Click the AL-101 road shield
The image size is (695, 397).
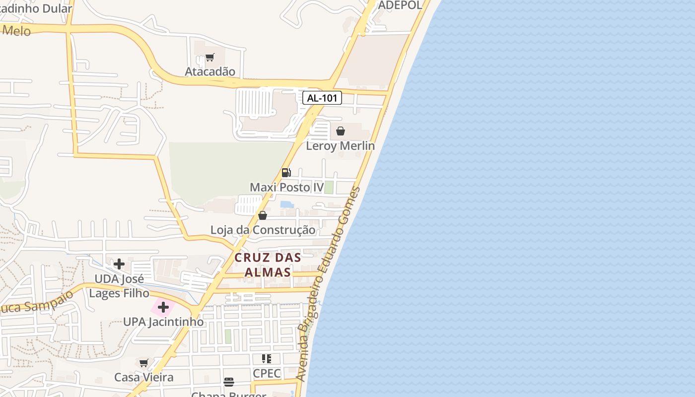pos(322,98)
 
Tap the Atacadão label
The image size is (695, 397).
pos(210,71)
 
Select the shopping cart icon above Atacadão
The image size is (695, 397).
pos(209,58)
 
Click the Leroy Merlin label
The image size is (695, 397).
pos(340,146)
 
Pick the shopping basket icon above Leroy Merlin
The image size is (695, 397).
pos(341,132)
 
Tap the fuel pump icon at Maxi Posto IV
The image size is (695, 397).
pos(286,173)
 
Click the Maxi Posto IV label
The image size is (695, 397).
pos(286,187)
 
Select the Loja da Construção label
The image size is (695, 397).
pos(263,230)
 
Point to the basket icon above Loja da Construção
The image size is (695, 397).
pos(263,215)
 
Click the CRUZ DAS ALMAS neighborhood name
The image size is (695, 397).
pos(268,265)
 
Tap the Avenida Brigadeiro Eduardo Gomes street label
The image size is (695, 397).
pos(329,284)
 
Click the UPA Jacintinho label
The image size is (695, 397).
pos(163,322)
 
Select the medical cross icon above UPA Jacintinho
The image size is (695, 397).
pos(163,308)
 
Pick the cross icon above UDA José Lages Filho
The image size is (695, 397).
pos(119,264)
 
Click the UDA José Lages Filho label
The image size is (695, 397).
pos(119,286)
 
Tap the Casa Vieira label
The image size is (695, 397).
pos(144,377)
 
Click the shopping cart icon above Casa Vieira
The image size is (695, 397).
pos(144,363)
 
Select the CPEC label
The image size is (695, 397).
pos(267,373)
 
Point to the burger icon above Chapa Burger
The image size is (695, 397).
pos(228,382)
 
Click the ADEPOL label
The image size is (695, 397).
pos(400,5)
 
